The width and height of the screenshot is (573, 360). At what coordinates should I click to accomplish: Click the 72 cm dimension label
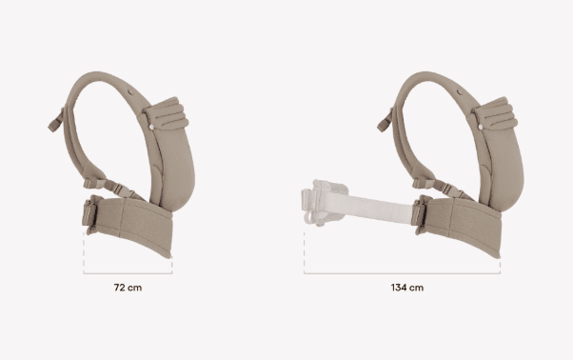point(128,288)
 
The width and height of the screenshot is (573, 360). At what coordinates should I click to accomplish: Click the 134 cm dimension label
point(407,288)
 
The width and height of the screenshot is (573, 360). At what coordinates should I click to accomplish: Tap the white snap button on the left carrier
point(151,127)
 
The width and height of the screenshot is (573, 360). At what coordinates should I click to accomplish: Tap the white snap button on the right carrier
point(481,127)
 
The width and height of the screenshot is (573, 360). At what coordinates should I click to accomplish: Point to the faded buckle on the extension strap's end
point(322,202)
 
